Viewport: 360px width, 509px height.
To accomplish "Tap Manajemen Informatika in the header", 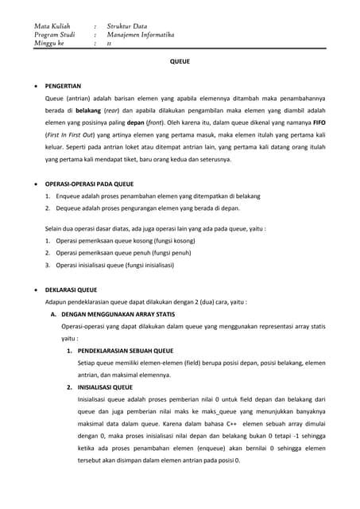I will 141,35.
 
